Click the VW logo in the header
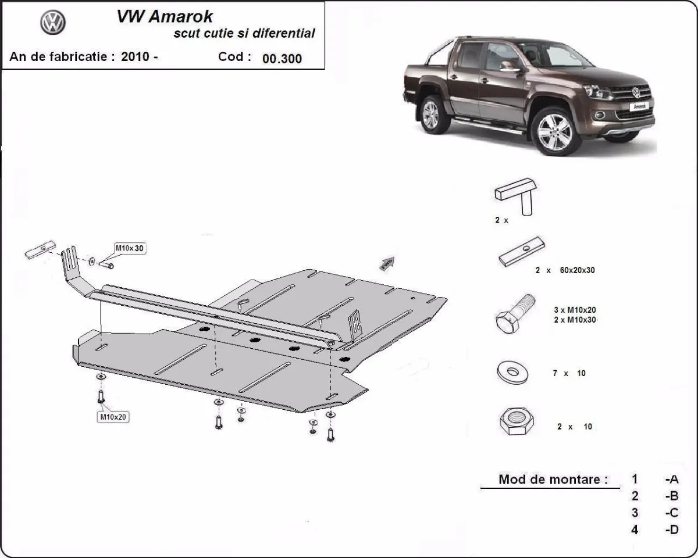[x=53, y=24]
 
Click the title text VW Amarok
[x=165, y=16]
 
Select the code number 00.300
[x=282, y=58]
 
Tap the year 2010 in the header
[x=134, y=57]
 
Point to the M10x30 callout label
[x=130, y=248]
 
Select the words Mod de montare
[x=553, y=480]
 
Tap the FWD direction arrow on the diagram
[x=387, y=263]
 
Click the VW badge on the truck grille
[x=636, y=92]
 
